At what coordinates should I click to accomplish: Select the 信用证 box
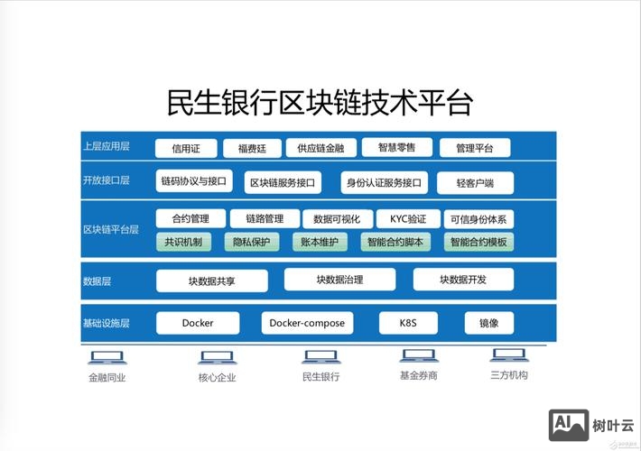(186, 149)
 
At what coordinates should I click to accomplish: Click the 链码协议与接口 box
(193, 181)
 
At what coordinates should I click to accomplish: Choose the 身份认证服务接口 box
(383, 183)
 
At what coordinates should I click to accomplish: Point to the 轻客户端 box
(475, 183)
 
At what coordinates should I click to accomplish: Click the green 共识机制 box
(183, 242)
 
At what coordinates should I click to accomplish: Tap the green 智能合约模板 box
(478, 242)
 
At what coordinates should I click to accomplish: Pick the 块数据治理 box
(339, 280)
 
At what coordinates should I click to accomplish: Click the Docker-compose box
(306, 323)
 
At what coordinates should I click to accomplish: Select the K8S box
(406, 323)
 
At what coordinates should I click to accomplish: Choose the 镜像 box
(489, 323)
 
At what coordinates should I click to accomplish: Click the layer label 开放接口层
(106, 180)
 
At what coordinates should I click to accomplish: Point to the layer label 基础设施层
(107, 323)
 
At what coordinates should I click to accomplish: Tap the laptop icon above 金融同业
(107, 358)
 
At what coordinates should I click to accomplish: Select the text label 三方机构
(509, 375)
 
